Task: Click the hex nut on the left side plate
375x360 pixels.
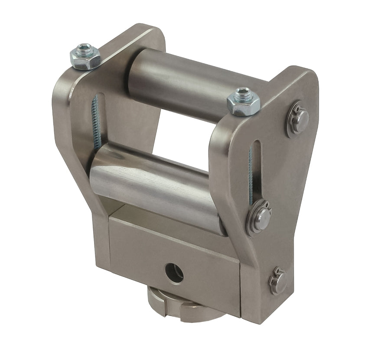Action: point(85,56)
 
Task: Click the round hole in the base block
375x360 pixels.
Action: point(174,273)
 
